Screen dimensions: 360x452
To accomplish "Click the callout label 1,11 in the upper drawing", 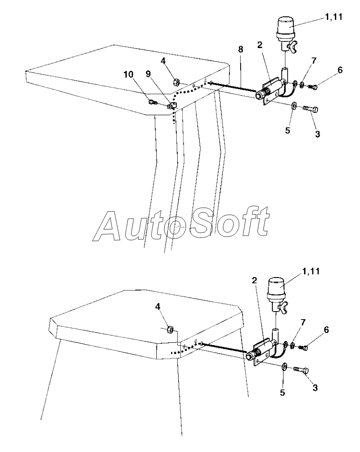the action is tap(333, 18).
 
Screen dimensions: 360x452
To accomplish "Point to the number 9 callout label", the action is tap(148, 74).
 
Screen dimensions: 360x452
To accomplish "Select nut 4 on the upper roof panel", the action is tap(178, 82).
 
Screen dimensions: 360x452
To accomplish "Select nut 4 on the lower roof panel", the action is tap(170, 329).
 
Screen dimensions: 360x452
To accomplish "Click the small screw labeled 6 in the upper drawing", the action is tap(314, 87).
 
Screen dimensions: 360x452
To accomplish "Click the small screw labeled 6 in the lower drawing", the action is tap(305, 347).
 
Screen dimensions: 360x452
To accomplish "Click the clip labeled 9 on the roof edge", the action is tap(170, 105).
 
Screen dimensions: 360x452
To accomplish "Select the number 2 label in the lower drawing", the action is tap(255, 280).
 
